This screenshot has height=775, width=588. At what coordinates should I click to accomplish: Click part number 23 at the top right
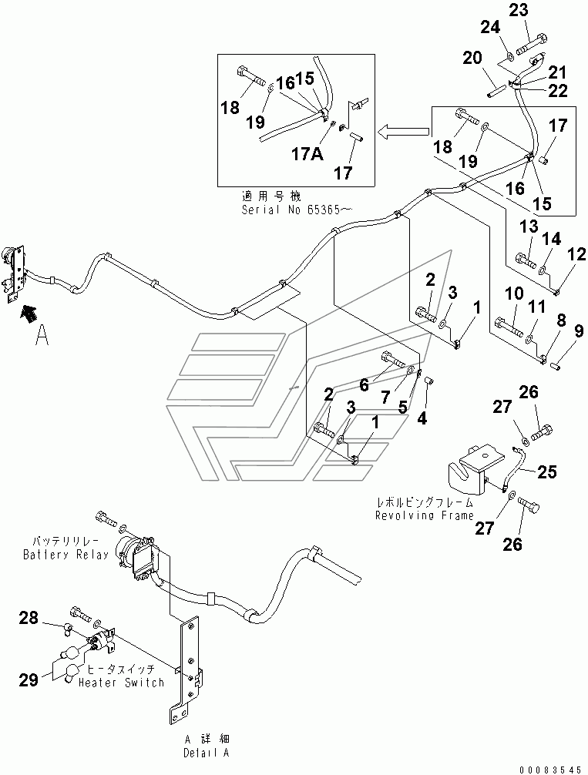(519, 10)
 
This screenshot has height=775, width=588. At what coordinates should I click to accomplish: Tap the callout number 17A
(307, 154)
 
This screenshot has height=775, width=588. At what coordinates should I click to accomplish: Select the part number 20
(472, 58)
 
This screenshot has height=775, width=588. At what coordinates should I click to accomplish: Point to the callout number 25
(546, 471)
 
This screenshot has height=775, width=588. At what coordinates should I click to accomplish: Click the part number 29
(29, 679)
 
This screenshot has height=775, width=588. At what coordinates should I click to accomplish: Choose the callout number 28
(29, 617)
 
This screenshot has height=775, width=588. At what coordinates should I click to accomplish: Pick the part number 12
(576, 254)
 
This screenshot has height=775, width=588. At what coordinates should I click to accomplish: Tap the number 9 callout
(579, 330)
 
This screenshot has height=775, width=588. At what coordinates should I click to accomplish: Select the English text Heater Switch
(121, 683)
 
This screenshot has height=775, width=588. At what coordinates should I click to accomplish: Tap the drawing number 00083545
(550, 770)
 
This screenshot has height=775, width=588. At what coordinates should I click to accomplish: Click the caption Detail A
(207, 753)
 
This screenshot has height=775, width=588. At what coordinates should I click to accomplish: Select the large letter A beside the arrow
(42, 336)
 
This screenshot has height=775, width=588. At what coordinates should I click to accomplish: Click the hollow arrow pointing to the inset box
(403, 131)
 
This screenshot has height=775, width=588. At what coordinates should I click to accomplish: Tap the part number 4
(422, 418)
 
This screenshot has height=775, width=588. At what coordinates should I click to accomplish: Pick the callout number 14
(552, 239)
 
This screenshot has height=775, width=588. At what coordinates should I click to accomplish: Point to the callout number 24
(491, 27)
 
